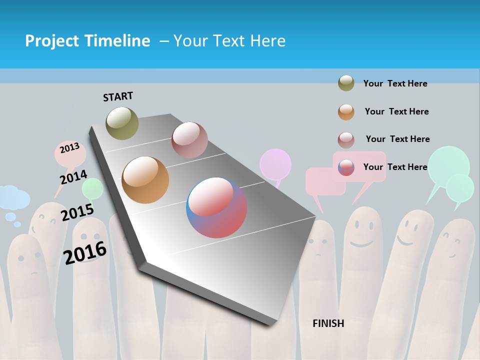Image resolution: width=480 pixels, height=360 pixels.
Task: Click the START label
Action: (118, 96)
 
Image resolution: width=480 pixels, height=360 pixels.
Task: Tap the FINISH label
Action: (328, 323)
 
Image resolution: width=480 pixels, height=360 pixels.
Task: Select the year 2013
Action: (69, 148)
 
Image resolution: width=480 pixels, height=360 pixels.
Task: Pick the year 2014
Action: (73, 177)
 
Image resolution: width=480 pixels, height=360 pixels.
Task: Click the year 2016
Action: (85, 252)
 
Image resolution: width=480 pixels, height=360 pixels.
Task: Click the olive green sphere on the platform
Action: (122, 123)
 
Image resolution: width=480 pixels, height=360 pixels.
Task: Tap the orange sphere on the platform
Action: (145, 180)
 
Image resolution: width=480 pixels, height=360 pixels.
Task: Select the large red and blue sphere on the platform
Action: (216, 207)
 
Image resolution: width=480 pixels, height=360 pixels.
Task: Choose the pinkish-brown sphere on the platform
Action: (189, 140)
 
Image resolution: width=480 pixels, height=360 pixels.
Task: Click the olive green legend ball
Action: (346, 83)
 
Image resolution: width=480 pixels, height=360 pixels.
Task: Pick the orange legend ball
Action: (346, 112)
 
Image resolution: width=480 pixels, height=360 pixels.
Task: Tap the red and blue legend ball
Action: (346, 167)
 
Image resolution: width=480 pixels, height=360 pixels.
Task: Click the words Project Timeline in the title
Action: (87, 41)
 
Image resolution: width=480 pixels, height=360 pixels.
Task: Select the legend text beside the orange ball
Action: (396, 111)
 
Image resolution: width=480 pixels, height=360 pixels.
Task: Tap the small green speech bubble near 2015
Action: (93, 188)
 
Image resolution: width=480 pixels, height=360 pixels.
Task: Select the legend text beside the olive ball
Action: (395, 83)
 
